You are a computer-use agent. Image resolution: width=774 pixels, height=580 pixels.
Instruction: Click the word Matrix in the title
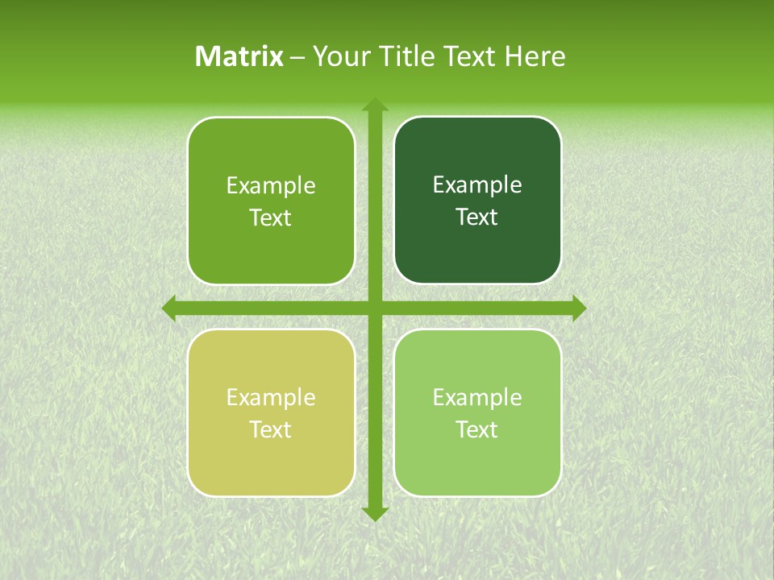click(239, 56)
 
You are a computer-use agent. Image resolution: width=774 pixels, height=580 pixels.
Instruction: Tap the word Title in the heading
click(403, 56)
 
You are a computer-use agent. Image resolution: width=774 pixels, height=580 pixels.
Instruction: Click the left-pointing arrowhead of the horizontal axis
click(169, 309)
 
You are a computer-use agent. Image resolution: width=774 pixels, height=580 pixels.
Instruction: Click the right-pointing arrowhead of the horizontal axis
click(579, 309)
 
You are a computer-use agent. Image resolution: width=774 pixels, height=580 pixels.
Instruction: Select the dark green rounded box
click(477, 242)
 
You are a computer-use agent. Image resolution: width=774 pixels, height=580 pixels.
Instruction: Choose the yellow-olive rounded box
click(271, 459)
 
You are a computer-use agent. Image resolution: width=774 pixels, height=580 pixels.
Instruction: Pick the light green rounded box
click(477, 459)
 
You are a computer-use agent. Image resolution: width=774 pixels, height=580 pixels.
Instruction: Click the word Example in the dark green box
click(477, 185)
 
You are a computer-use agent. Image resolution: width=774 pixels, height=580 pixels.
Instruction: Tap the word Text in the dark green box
click(477, 217)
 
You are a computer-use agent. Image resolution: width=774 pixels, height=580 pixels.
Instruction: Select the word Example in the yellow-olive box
click(271, 398)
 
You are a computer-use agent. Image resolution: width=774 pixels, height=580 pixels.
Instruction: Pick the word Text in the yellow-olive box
click(271, 430)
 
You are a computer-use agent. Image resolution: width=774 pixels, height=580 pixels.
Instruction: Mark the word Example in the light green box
click(477, 398)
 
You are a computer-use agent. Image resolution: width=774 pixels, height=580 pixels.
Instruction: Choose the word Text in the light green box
click(477, 430)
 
